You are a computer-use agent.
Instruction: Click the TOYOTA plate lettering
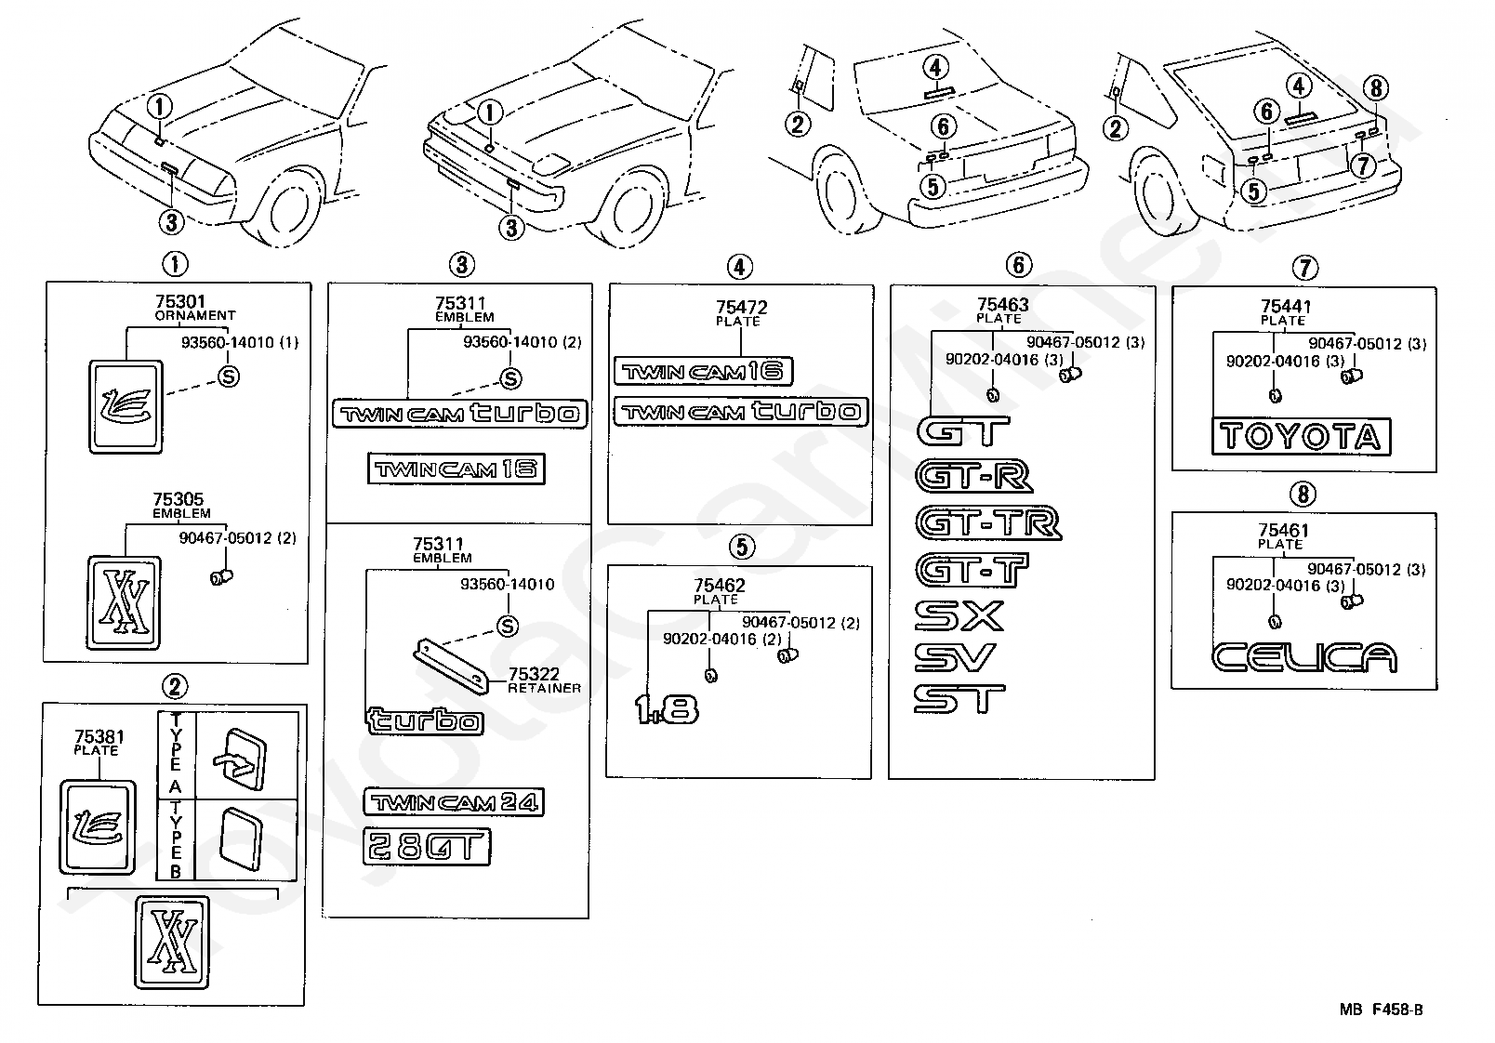(x=1301, y=437)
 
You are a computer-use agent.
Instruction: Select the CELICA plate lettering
(x=1303, y=657)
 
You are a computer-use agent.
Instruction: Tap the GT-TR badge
(x=988, y=522)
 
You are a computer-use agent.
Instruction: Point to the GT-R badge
(x=974, y=477)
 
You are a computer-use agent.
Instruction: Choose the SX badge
(x=959, y=615)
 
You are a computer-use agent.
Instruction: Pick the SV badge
(x=955, y=657)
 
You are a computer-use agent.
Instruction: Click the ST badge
(x=959, y=699)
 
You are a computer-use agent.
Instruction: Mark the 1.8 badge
(x=667, y=709)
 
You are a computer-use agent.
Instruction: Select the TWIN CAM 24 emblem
(x=454, y=802)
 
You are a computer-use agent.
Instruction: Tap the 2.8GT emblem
(x=427, y=847)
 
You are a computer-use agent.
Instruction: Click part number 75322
(x=534, y=674)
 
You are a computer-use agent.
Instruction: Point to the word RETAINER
(x=545, y=688)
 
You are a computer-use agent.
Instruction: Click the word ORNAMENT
(x=195, y=315)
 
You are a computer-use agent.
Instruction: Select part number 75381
(x=99, y=736)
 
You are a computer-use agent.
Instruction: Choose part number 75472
(x=742, y=307)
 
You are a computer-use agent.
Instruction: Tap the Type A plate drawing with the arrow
(x=239, y=759)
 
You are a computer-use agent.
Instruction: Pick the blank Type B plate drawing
(x=241, y=839)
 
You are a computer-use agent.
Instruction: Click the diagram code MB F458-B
(x=1382, y=1010)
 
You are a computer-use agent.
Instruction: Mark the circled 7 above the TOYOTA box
(x=1304, y=269)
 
